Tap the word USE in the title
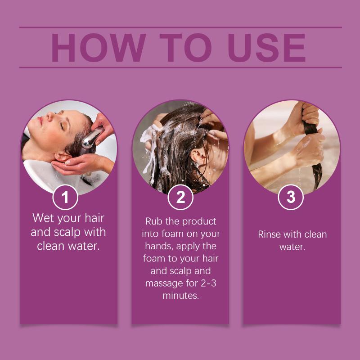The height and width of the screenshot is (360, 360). pyautogui.click(x=266, y=48)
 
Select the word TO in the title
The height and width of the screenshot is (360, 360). pyautogui.click(x=185, y=48)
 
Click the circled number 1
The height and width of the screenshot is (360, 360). pyautogui.click(x=65, y=197)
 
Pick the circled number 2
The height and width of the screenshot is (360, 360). pyautogui.click(x=180, y=197)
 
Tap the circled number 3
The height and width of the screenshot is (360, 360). pyautogui.click(x=291, y=197)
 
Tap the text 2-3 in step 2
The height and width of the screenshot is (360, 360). pyautogui.click(x=208, y=283)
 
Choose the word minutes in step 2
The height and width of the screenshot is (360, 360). pyautogui.click(x=180, y=296)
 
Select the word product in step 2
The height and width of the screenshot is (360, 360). pyautogui.click(x=199, y=222)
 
